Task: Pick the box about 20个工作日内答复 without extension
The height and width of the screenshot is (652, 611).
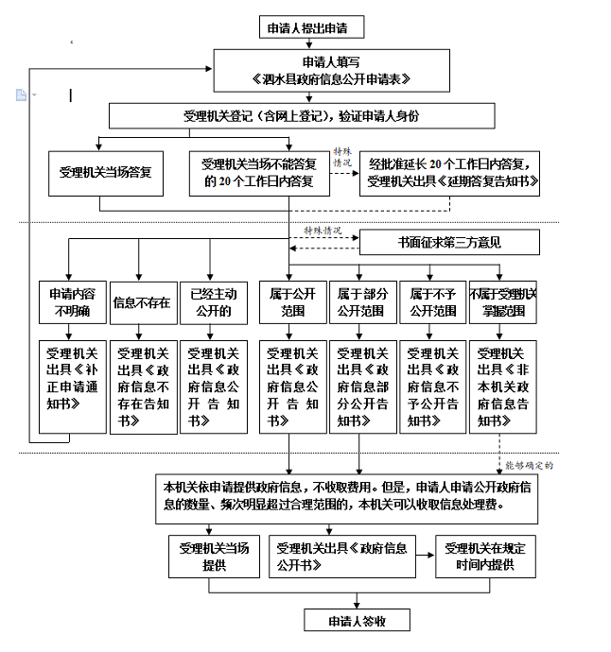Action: (x=258, y=173)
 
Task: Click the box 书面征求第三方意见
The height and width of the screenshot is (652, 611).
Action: (x=449, y=242)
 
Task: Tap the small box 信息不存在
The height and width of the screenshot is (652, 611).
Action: (x=142, y=303)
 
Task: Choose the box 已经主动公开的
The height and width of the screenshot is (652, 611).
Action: (x=211, y=303)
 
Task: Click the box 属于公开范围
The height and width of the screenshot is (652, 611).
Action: (x=292, y=303)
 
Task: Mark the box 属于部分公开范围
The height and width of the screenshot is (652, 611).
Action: (x=361, y=303)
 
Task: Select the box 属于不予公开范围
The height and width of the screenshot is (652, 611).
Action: (x=431, y=303)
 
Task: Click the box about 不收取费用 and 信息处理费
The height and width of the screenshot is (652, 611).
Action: (x=346, y=496)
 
